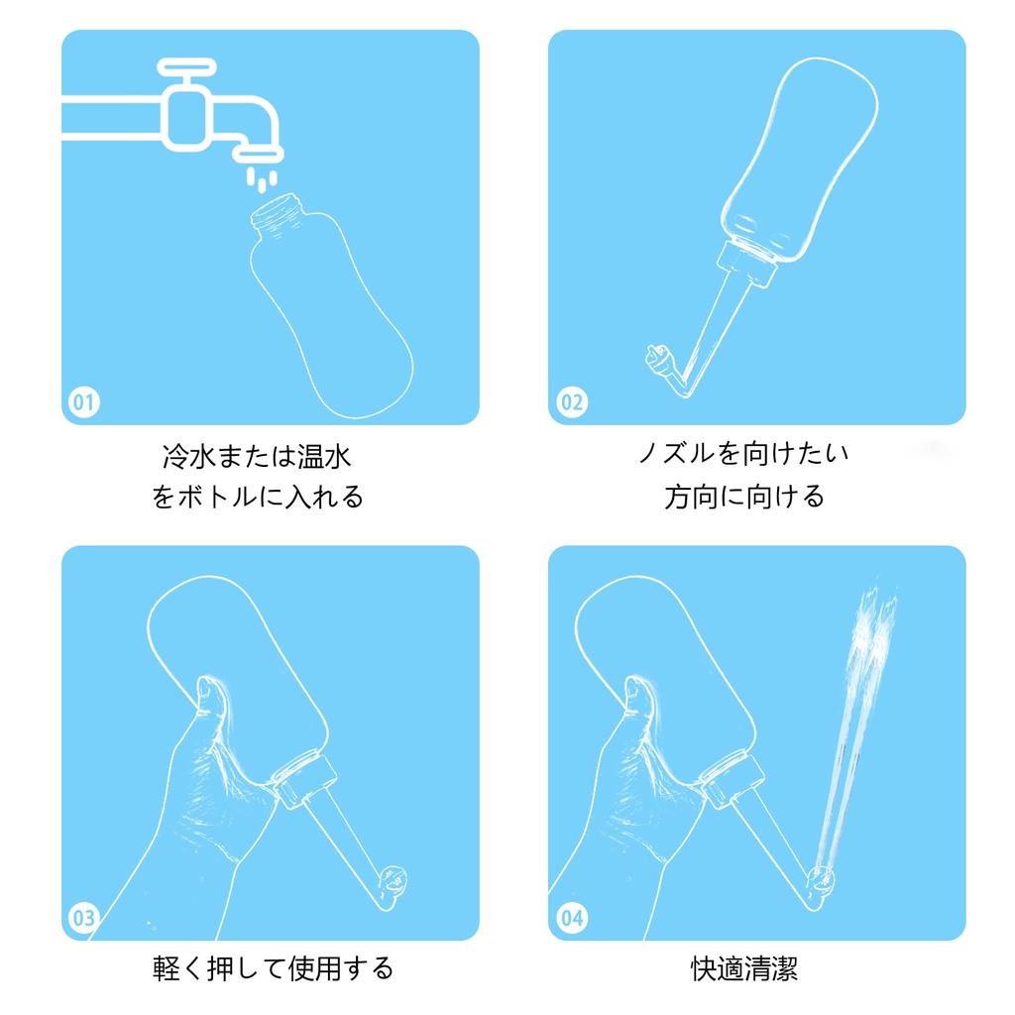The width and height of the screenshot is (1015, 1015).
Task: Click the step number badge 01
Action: click(84, 402)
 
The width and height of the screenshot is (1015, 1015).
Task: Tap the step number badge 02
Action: click(572, 402)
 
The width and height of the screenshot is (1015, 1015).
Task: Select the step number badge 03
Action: click(84, 918)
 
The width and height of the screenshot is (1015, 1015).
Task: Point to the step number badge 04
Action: click(572, 918)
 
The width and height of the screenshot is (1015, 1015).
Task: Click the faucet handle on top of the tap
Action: click(186, 66)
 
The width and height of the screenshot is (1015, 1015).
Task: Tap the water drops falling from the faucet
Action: click(262, 179)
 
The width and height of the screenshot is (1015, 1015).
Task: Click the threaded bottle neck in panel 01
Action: click(278, 212)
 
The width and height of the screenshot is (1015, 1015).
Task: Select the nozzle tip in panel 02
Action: click(658, 360)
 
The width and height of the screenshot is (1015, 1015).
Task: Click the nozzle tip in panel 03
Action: click(393, 881)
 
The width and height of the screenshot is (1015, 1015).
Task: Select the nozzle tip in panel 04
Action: click(821, 881)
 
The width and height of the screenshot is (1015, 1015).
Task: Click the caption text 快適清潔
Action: click(744, 968)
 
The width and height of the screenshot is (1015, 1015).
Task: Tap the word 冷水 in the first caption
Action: click(188, 456)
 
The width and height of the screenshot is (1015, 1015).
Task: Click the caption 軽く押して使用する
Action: click(273, 968)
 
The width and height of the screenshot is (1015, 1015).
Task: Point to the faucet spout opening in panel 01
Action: click(259, 155)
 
